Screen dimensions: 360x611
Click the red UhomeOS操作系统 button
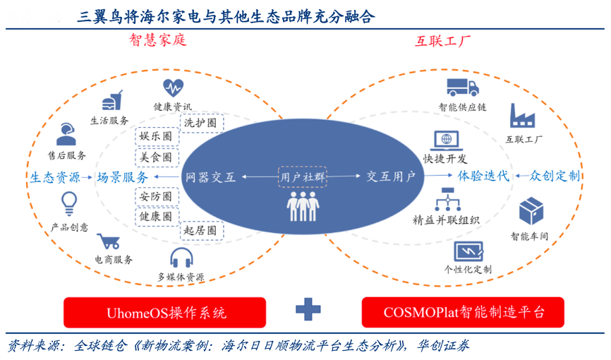click(x=165, y=312)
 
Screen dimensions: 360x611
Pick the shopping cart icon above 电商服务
click(x=108, y=242)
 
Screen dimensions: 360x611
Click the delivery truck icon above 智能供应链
click(x=463, y=87)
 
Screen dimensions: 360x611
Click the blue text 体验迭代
click(x=483, y=176)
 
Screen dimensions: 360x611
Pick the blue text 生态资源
click(x=55, y=177)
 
